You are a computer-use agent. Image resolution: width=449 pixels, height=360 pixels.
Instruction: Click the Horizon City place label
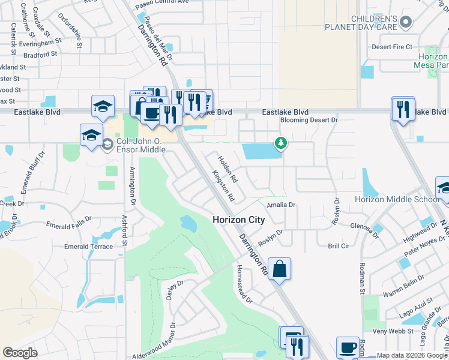tap(238, 220)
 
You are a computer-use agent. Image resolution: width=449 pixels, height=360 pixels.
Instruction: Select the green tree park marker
tap(280, 143)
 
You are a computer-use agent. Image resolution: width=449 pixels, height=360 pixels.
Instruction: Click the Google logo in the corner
tap(20, 352)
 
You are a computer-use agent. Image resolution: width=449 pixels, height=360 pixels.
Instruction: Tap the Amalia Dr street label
tap(282, 205)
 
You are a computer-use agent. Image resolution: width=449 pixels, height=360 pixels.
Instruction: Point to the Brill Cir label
tap(339, 246)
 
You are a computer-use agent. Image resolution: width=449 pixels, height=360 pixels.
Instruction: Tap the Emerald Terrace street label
tap(89, 246)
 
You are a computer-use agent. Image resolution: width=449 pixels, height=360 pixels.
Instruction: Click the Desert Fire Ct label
tap(392, 47)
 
